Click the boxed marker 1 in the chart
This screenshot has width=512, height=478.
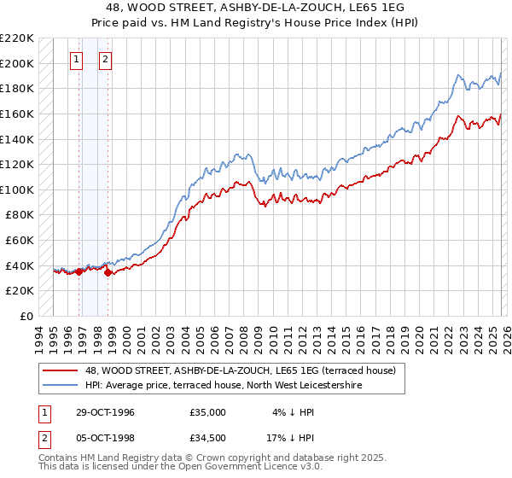(77, 60)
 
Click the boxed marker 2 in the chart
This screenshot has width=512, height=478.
(106, 60)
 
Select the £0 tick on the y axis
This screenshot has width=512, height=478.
(26, 316)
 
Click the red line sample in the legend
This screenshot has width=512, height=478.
(61, 371)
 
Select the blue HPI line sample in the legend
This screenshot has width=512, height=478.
(61, 386)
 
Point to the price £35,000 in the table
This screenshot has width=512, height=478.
(208, 412)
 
